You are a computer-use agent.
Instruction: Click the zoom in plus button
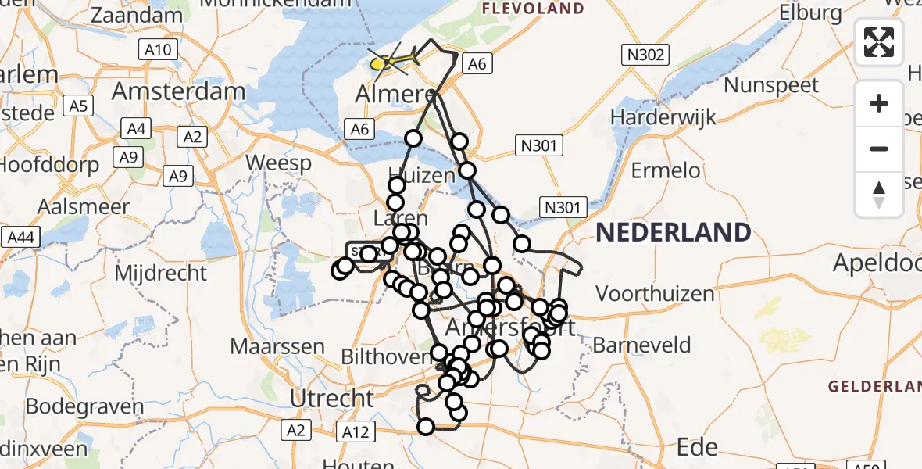(x=879, y=103)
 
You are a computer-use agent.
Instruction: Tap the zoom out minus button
(x=879, y=149)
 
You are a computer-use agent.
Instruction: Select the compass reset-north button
(x=879, y=194)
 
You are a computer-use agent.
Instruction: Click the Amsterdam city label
(x=178, y=91)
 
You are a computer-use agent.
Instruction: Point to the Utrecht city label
(x=332, y=398)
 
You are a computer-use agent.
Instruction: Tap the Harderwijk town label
(x=652, y=117)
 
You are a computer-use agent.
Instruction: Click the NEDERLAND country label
(x=674, y=232)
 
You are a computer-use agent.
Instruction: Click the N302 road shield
(x=645, y=54)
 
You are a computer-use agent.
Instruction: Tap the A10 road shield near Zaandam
(x=158, y=51)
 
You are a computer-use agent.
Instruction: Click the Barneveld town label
(x=641, y=345)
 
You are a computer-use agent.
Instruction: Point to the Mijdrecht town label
(x=161, y=274)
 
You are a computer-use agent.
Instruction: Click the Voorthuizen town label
(x=655, y=294)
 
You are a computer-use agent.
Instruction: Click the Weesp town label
(x=278, y=164)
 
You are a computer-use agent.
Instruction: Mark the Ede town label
(x=697, y=447)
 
